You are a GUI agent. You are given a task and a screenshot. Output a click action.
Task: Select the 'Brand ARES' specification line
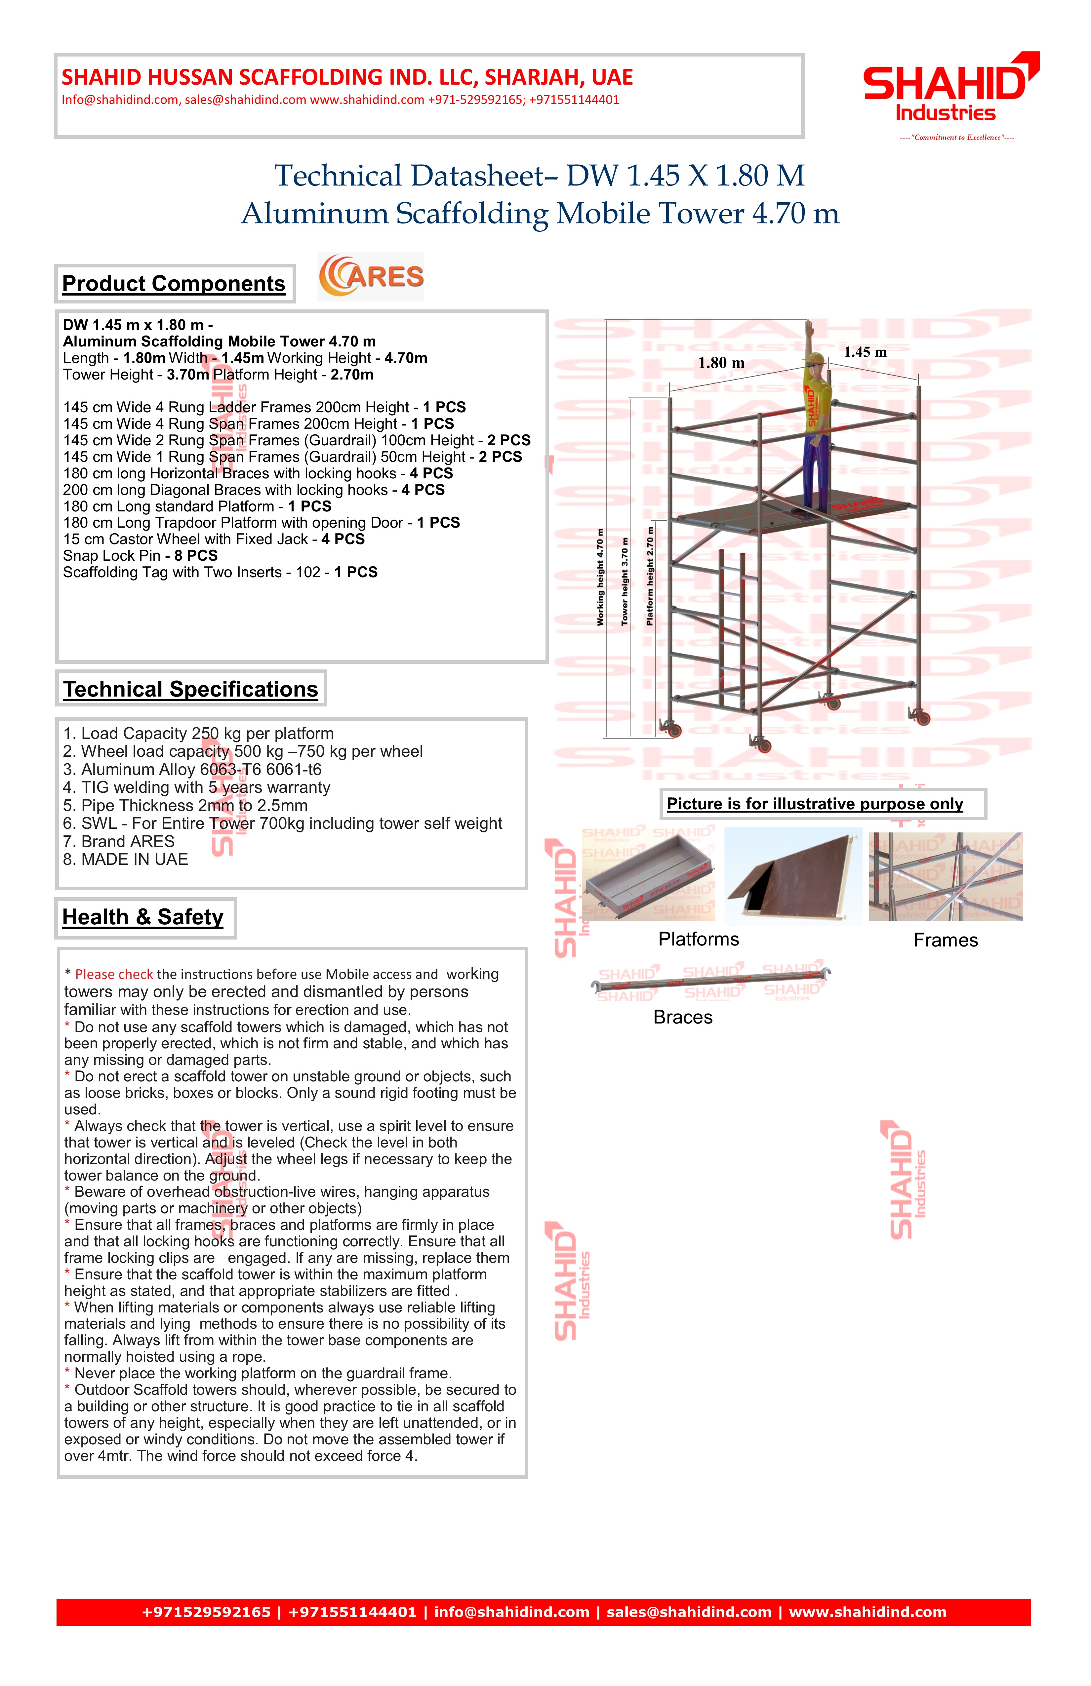(119, 842)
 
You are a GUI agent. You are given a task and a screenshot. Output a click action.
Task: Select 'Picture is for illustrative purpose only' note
(815, 804)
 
